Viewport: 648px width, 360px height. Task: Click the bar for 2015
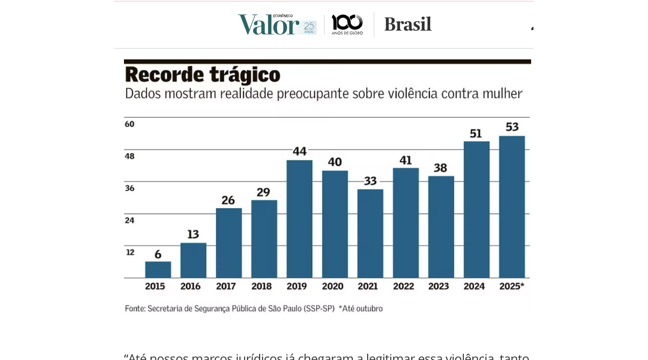pos(158,270)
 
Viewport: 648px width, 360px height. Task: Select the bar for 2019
pos(299,219)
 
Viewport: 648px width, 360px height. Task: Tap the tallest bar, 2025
pos(512,207)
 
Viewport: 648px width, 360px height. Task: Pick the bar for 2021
pos(370,234)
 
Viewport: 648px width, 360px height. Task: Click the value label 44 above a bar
pos(300,151)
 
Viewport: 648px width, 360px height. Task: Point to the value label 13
pos(193,234)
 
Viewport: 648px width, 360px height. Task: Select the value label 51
pos(476,134)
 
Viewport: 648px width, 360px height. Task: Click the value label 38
pos(441,168)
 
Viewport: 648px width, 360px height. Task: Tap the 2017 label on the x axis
pos(226,286)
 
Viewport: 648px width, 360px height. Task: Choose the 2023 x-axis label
pos(438,286)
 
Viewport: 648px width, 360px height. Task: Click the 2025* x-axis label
pos(512,286)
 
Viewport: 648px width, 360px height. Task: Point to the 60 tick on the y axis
pos(130,124)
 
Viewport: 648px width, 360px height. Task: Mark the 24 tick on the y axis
pos(130,220)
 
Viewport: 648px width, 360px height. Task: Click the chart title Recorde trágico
pos(203,74)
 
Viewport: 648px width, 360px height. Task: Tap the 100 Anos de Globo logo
pos(347,25)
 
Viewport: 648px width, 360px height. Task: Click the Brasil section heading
pos(408,24)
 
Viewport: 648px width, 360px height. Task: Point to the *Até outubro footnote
pos(361,309)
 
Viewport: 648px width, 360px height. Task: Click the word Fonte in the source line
pos(135,309)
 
